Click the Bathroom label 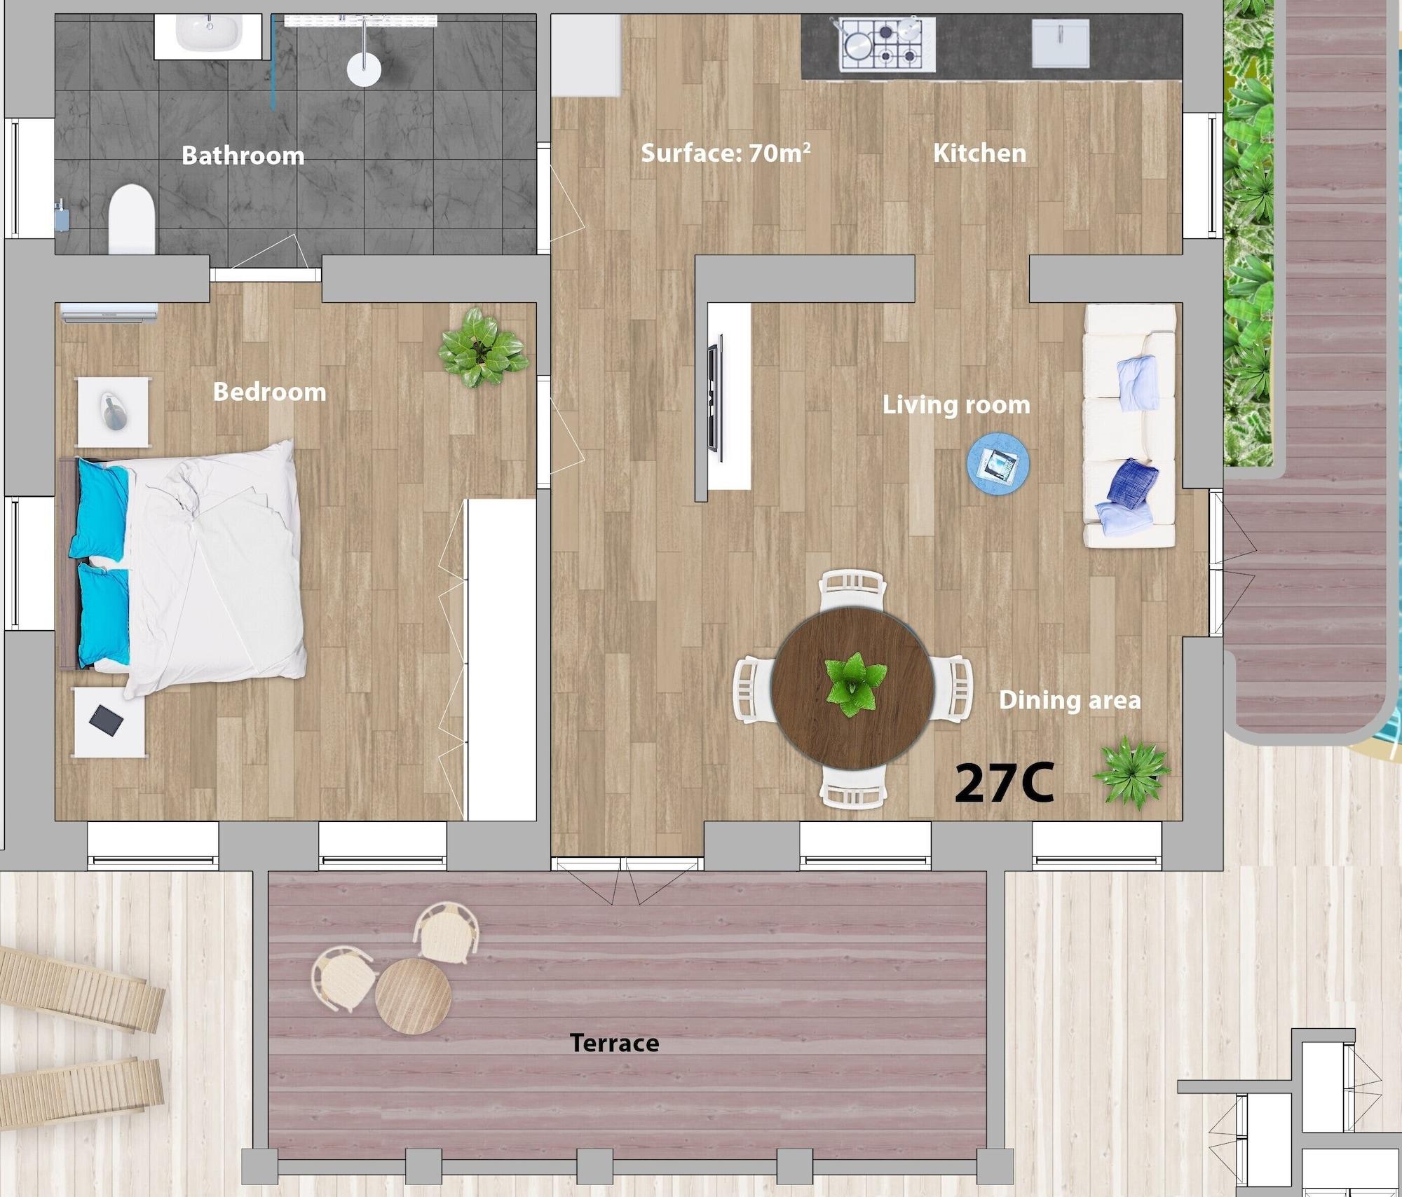click(243, 155)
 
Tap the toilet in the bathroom click(132, 219)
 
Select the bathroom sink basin click(209, 32)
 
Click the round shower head click(364, 69)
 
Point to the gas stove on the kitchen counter click(887, 43)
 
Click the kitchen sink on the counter click(1061, 43)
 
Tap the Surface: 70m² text click(726, 152)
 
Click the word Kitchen click(979, 153)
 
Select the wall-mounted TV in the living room click(715, 397)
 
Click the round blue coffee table click(998, 465)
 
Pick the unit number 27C click(1005, 783)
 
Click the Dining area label click(1070, 699)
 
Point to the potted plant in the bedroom click(483, 348)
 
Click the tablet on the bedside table click(107, 720)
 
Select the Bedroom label click(270, 392)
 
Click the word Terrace click(615, 1044)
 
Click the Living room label click(956, 404)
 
